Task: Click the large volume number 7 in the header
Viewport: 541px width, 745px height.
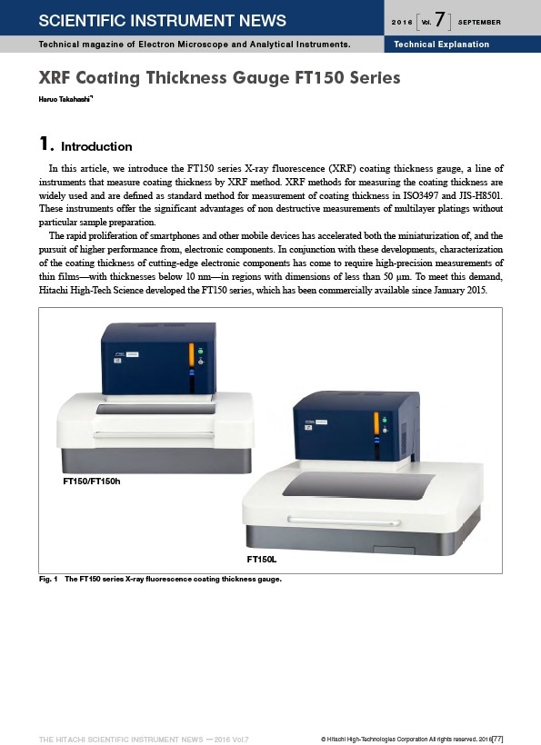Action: click(x=440, y=19)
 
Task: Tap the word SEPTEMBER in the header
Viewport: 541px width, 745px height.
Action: click(x=479, y=22)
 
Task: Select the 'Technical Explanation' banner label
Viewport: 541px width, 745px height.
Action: click(x=441, y=45)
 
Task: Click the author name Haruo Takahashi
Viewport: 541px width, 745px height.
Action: click(x=65, y=99)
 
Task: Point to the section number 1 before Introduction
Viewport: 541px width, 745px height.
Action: click(x=45, y=144)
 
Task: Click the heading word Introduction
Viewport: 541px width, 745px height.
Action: click(x=96, y=146)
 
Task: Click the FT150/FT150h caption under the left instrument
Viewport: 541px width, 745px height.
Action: click(x=92, y=481)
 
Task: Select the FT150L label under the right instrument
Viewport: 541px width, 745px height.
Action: click(x=262, y=560)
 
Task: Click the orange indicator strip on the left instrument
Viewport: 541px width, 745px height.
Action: click(x=192, y=355)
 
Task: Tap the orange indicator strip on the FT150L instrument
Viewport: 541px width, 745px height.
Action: click(x=376, y=423)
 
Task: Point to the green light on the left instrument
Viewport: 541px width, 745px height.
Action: click(x=201, y=351)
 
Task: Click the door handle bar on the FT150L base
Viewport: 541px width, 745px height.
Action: click(x=343, y=521)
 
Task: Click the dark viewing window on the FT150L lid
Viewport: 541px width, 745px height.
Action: click(x=358, y=485)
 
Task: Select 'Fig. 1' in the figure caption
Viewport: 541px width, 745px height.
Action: click(x=48, y=579)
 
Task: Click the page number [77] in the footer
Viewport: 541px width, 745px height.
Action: click(x=497, y=739)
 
